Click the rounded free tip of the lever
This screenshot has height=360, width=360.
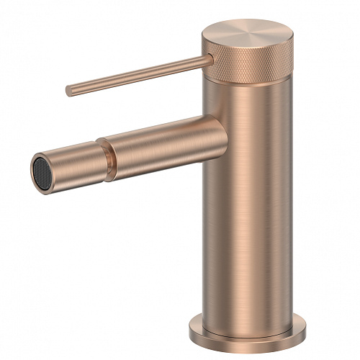(69, 91)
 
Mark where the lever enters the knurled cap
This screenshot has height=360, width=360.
(208, 60)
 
